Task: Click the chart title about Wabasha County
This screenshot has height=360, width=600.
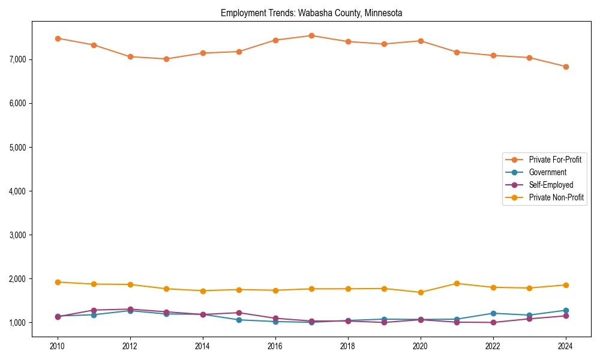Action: [311, 13]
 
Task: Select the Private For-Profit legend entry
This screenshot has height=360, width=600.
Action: [555, 160]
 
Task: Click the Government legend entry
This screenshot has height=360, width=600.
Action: [547, 172]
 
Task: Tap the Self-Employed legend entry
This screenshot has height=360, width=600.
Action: [551, 185]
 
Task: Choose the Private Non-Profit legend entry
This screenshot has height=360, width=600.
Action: [556, 197]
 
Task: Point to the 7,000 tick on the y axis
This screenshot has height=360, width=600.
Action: [17, 59]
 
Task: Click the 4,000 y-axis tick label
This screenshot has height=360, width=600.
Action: [17, 191]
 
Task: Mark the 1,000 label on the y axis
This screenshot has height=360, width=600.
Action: [17, 323]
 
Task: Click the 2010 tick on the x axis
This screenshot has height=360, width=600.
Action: [58, 346]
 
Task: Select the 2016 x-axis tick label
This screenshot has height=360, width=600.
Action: [275, 346]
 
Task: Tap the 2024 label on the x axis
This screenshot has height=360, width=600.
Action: [565, 346]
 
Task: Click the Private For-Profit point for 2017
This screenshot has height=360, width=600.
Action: [311, 35]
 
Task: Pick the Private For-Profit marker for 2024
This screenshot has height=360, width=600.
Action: [565, 67]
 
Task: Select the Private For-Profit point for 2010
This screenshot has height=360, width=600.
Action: [58, 38]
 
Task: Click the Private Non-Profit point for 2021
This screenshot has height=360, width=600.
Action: [457, 283]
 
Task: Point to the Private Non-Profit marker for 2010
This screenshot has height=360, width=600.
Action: [58, 282]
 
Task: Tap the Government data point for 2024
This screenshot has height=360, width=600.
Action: [565, 310]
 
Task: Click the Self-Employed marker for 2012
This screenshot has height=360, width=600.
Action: [130, 309]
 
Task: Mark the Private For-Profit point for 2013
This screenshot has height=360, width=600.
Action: [166, 59]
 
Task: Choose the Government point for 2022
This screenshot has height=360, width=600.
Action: [493, 313]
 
